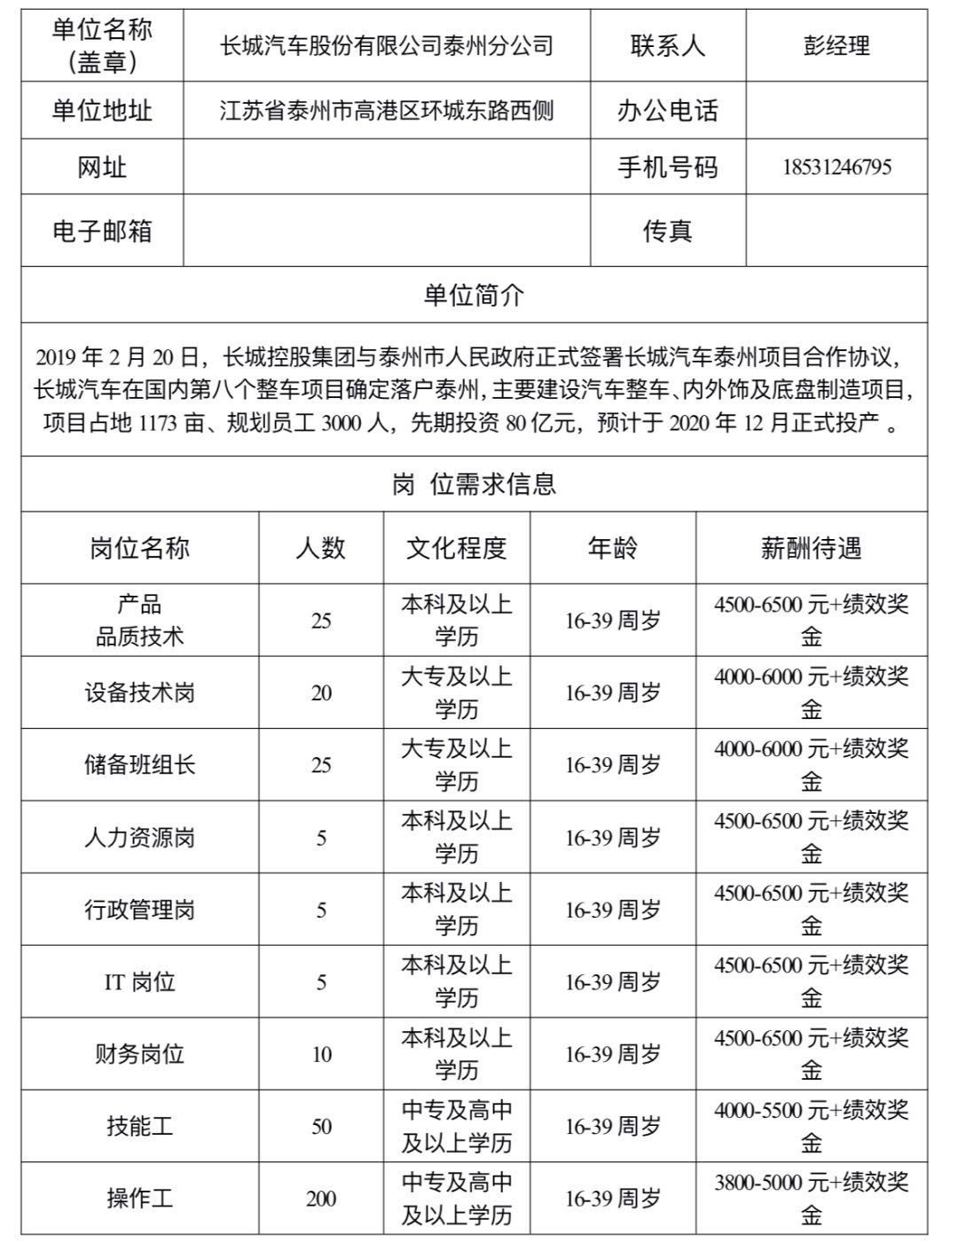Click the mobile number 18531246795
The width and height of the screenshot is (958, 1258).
836,168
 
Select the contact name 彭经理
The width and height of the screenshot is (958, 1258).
836,46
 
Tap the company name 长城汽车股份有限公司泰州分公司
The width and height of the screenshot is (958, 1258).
387,46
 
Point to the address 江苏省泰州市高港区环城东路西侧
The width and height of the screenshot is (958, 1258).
387,111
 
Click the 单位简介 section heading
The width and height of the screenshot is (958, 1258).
474,295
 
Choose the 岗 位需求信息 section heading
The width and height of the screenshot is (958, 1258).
474,484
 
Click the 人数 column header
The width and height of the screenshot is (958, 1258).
320,548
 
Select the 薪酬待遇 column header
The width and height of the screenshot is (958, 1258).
811,548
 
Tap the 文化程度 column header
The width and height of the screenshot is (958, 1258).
456,548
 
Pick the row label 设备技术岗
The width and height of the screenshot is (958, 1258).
139,693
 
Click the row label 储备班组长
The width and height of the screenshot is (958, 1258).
139,765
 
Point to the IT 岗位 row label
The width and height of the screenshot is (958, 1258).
139,982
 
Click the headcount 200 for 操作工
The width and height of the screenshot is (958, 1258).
320,1199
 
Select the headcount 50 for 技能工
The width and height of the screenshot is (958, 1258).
320,1127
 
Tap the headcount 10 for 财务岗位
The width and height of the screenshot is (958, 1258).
320,1054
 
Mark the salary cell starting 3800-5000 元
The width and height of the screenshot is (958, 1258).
811,1198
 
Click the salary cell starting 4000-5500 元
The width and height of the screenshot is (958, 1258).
811,1126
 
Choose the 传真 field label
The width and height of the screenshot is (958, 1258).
667,231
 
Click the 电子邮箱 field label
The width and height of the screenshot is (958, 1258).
102,231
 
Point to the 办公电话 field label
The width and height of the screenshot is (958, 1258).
667,111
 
